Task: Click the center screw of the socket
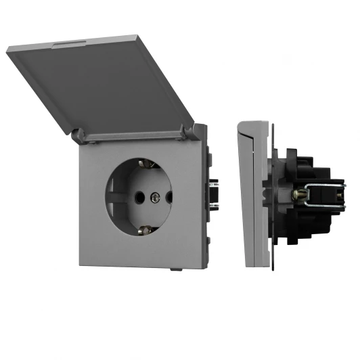tap(154, 198)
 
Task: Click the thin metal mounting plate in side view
tap(273, 196)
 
